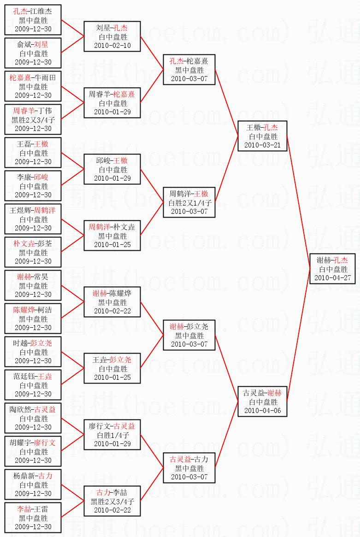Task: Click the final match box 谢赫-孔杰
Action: tap(332, 268)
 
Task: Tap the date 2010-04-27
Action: tap(332, 278)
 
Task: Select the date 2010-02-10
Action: tap(112, 46)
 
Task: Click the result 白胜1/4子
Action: tap(112, 435)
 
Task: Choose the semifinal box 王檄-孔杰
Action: tap(262, 136)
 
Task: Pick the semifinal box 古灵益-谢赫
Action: tap(262, 402)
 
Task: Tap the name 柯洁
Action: tap(44, 310)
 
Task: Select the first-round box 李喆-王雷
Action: tap(33, 518)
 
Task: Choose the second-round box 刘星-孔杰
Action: tap(112, 36)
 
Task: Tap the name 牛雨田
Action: tap(44, 78)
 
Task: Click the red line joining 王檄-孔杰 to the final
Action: tap(298, 202)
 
